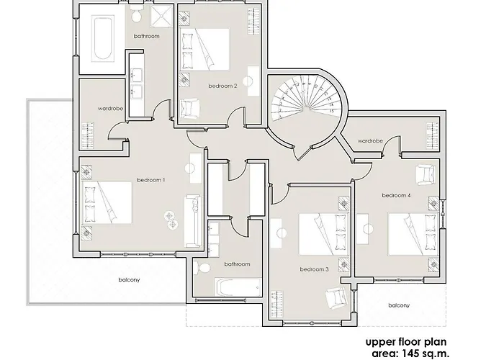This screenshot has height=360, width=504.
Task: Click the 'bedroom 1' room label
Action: pos(151,179)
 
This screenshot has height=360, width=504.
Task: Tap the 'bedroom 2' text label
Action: pos(222,86)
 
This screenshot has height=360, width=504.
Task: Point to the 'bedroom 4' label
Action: pos(396,195)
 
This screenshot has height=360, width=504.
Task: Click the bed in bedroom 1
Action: pos(108,203)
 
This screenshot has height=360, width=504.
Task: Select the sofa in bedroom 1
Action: pos(193,219)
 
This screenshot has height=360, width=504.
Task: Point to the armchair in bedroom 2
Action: pos(191,109)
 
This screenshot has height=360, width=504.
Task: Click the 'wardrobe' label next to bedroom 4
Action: pos(369,140)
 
